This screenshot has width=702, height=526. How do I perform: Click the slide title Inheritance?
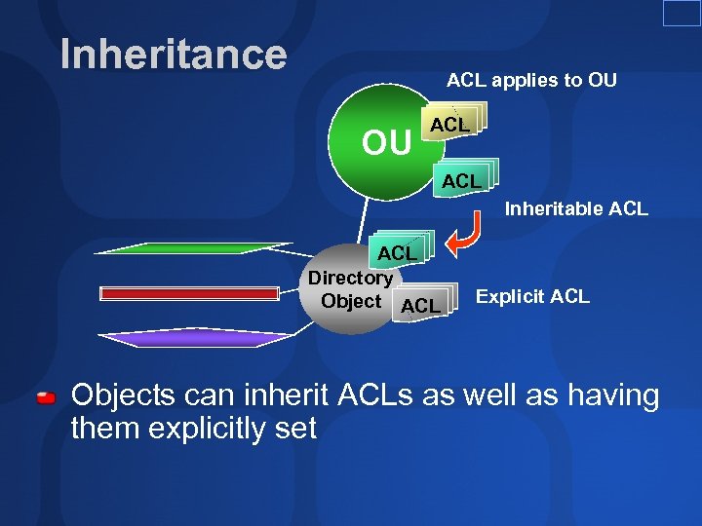(174, 55)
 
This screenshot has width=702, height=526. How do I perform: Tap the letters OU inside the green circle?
(386, 143)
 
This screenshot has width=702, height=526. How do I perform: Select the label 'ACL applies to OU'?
(531, 80)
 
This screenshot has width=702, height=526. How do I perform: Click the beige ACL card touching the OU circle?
(451, 124)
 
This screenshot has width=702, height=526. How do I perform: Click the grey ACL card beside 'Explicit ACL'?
(421, 305)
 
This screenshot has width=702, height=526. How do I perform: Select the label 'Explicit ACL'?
(532, 296)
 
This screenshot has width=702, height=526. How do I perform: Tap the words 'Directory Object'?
(350, 289)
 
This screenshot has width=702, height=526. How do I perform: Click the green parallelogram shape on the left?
(195, 247)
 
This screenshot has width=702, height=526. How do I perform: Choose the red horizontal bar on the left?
(190, 292)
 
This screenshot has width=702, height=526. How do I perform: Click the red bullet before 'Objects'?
(45, 399)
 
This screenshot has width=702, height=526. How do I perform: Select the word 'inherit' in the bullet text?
(283, 396)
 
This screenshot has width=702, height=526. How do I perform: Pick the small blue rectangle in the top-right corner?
(682, 13)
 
